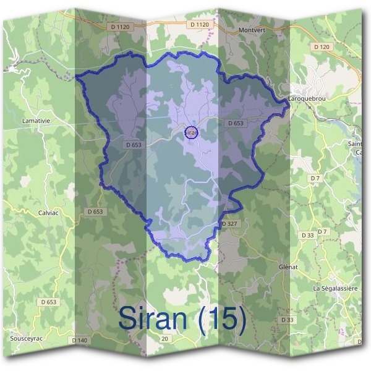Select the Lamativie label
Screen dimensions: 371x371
[x=35, y=120]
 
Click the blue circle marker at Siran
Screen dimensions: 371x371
[x=192, y=132]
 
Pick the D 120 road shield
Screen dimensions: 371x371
[x=322, y=47]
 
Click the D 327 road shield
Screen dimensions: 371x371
[x=229, y=223]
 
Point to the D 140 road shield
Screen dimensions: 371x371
[x=80, y=341]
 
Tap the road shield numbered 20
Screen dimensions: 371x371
[x=164, y=339]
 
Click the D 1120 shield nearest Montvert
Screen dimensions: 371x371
[x=200, y=24]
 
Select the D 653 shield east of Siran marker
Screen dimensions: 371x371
[x=236, y=123]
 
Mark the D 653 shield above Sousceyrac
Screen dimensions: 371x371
[x=48, y=302]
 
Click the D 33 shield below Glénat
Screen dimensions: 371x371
[x=287, y=320]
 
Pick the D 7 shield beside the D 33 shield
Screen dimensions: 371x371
[x=322, y=232]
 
